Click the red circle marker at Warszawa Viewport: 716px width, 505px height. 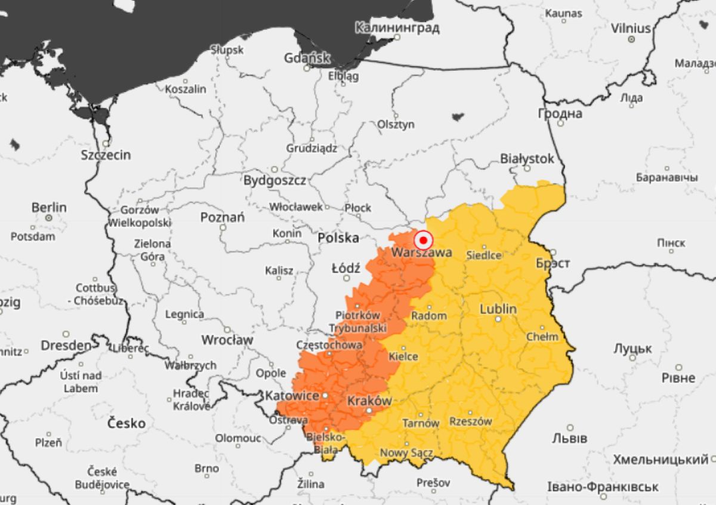coord(424,240)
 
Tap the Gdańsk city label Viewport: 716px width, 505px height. coord(307,58)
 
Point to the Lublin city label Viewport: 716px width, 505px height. coord(498,309)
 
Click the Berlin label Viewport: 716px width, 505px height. coord(49,208)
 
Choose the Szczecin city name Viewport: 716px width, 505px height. coord(106,155)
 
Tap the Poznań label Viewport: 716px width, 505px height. coord(222,217)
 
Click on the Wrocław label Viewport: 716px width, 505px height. coord(227,340)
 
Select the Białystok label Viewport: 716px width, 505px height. coord(527,159)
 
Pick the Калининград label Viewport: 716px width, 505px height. coord(397,27)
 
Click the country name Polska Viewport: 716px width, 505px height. coord(338,238)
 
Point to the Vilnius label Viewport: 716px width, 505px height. coord(630,28)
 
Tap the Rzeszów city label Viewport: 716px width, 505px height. coord(470,421)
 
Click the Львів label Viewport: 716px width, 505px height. coord(569,438)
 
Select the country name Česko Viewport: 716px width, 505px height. coord(126,423)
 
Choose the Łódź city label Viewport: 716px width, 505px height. coord(345,269)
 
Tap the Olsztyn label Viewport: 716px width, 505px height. coord(396,124)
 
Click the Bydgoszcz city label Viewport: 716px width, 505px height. coord(274,180)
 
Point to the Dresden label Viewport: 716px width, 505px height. coord(66,345)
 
